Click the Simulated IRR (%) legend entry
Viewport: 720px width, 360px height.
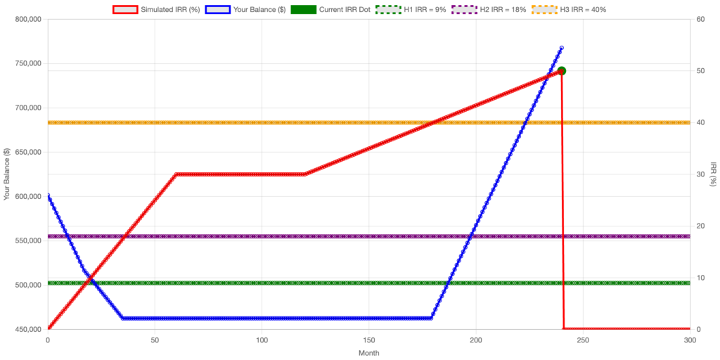coord(161,10)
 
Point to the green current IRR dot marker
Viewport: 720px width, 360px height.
coord(561,70)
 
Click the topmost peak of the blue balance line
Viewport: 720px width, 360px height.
coord(562,46)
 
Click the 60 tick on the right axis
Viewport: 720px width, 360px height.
coord(700,19)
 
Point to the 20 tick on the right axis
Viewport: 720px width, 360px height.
coord(700,226)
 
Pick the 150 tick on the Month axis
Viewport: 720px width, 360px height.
coord(368,340)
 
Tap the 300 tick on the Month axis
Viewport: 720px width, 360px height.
coord(690,340)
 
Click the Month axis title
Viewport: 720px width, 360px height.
coord(368,352)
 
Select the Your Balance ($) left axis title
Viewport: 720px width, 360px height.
coord(6,174)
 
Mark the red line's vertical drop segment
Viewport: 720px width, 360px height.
coord(562,211)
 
